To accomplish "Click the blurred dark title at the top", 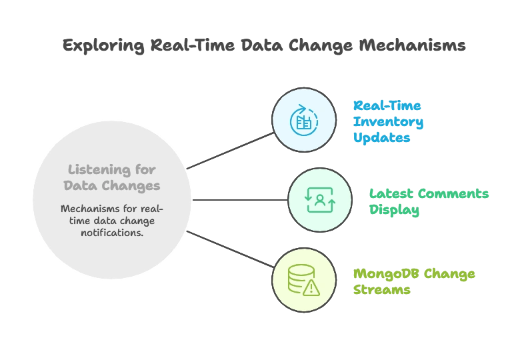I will [x=263, y=46].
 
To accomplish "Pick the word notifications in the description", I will [x=112, y=232].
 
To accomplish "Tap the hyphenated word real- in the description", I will [x=151, y=208].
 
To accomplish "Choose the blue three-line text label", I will [x=388, y=122].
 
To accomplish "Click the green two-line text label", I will [x=429, y=202].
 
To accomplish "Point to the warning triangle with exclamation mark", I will [x=311, y=287].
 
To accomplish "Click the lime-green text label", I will [x=413, y=282].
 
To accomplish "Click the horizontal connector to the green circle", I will [x=240, y=199].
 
